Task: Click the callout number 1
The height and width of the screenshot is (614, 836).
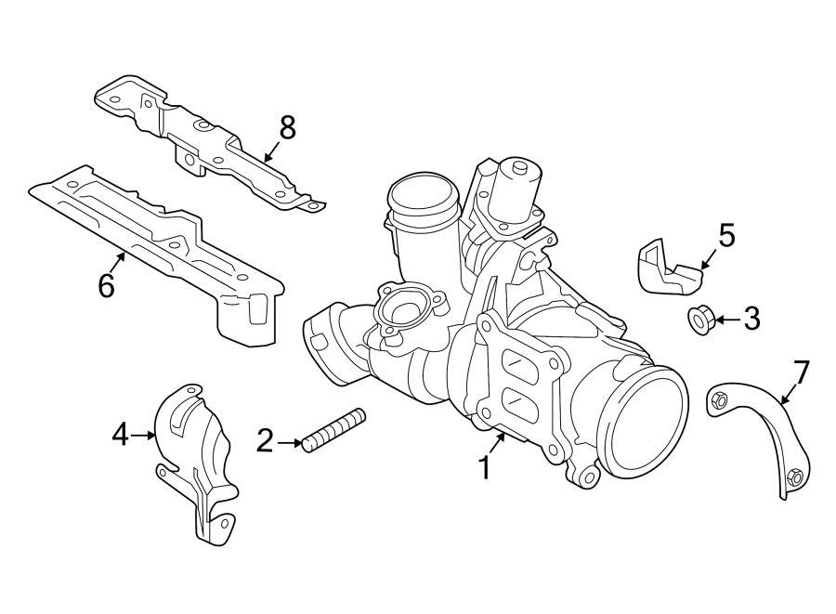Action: pos(484,467)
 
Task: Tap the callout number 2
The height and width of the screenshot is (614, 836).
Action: pos(266,441)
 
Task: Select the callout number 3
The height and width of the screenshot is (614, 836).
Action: pos(751,319)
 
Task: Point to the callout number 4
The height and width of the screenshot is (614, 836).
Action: pos(121,434)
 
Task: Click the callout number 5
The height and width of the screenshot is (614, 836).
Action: pos(726,235)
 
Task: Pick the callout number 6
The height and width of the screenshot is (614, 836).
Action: pos(106,285)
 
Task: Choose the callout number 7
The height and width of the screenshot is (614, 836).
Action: pos(802,372)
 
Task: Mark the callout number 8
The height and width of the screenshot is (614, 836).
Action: pos(287,128)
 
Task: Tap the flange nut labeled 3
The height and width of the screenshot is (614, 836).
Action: pos(699,320)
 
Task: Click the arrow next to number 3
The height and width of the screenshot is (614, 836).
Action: pos(727,320)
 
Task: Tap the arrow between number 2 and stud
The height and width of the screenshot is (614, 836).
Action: pos(289,442)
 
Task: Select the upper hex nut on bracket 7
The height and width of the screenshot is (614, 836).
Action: pos(718,399)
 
